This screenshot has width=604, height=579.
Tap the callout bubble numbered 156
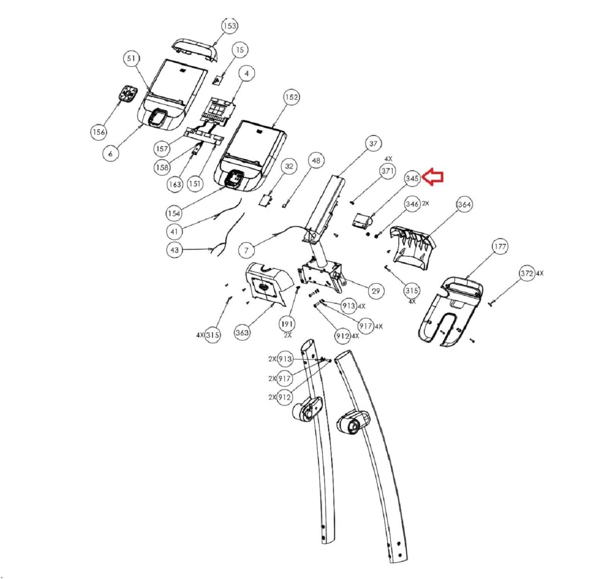(99, 132)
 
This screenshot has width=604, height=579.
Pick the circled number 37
(373, 144)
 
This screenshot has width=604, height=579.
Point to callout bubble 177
(500, 246)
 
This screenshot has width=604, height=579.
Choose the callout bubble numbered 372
(527, 274)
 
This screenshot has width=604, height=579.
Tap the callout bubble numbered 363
(242, 332)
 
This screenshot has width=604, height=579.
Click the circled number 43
(174, 250)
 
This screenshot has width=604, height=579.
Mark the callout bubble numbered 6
(111, 153)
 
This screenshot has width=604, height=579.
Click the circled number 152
(291, 97)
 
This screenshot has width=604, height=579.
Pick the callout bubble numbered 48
(316, 161)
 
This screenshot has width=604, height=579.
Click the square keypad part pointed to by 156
(128, 94)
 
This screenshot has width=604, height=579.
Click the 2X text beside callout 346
(425, 203)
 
